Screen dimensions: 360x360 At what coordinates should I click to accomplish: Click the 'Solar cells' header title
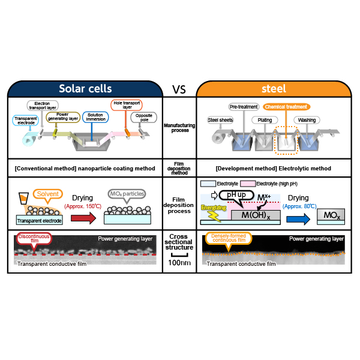85,89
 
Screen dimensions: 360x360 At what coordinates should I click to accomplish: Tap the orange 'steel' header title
274,89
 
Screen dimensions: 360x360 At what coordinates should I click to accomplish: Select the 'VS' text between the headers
179,89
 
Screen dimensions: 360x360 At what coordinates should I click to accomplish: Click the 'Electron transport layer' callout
43,106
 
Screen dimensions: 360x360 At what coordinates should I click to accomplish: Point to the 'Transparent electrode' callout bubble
25,121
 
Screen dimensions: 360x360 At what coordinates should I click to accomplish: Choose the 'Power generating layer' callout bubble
63,116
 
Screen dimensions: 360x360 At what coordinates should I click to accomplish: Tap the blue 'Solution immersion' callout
95,117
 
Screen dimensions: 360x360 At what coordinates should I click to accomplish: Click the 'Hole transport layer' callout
127,105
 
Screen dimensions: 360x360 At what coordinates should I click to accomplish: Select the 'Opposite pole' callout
144,118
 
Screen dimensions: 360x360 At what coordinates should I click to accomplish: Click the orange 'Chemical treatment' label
286,107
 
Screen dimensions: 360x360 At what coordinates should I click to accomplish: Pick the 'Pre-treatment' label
244,107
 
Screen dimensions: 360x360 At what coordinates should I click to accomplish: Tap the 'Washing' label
307,120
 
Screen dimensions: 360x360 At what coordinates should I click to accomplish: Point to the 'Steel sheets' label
220,120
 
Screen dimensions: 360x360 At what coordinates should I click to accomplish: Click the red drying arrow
83,218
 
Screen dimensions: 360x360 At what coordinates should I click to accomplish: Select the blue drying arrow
298,219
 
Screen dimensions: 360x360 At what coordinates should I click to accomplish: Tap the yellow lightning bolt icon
214,217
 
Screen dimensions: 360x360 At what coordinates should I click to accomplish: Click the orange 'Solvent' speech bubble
48,194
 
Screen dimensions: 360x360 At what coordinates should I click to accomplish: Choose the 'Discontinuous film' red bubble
34,239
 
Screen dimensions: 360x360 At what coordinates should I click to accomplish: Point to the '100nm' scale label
179,263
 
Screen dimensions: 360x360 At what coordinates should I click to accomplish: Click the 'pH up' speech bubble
236,196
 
